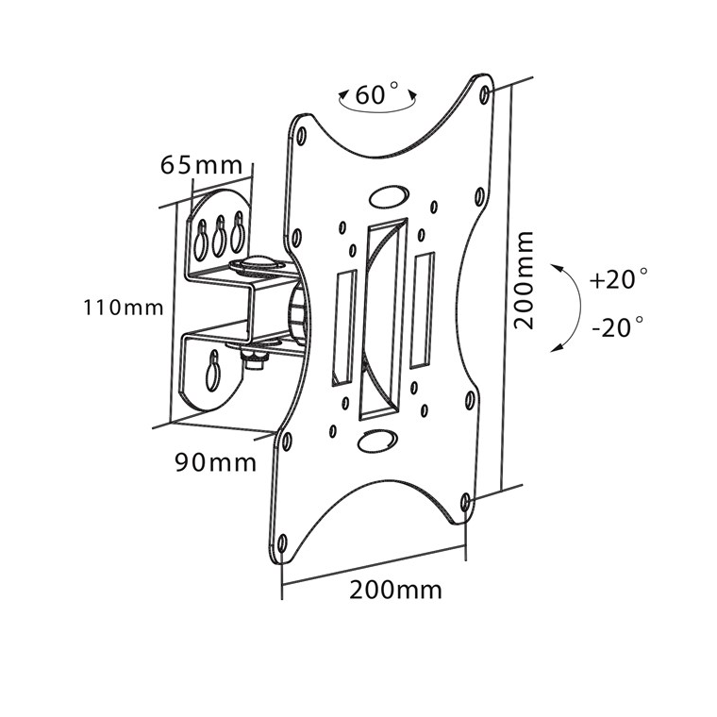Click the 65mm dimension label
201,165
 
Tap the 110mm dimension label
123,308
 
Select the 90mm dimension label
215,462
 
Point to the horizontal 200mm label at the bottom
395,590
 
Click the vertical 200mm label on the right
524,280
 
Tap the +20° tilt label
618,279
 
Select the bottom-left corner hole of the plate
282,543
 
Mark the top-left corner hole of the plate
301,136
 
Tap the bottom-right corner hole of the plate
465,502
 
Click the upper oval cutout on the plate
389,196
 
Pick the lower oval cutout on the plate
377,441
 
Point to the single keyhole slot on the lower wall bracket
213,371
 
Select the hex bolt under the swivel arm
256,359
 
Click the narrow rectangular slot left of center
343,327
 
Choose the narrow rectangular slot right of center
422,310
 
